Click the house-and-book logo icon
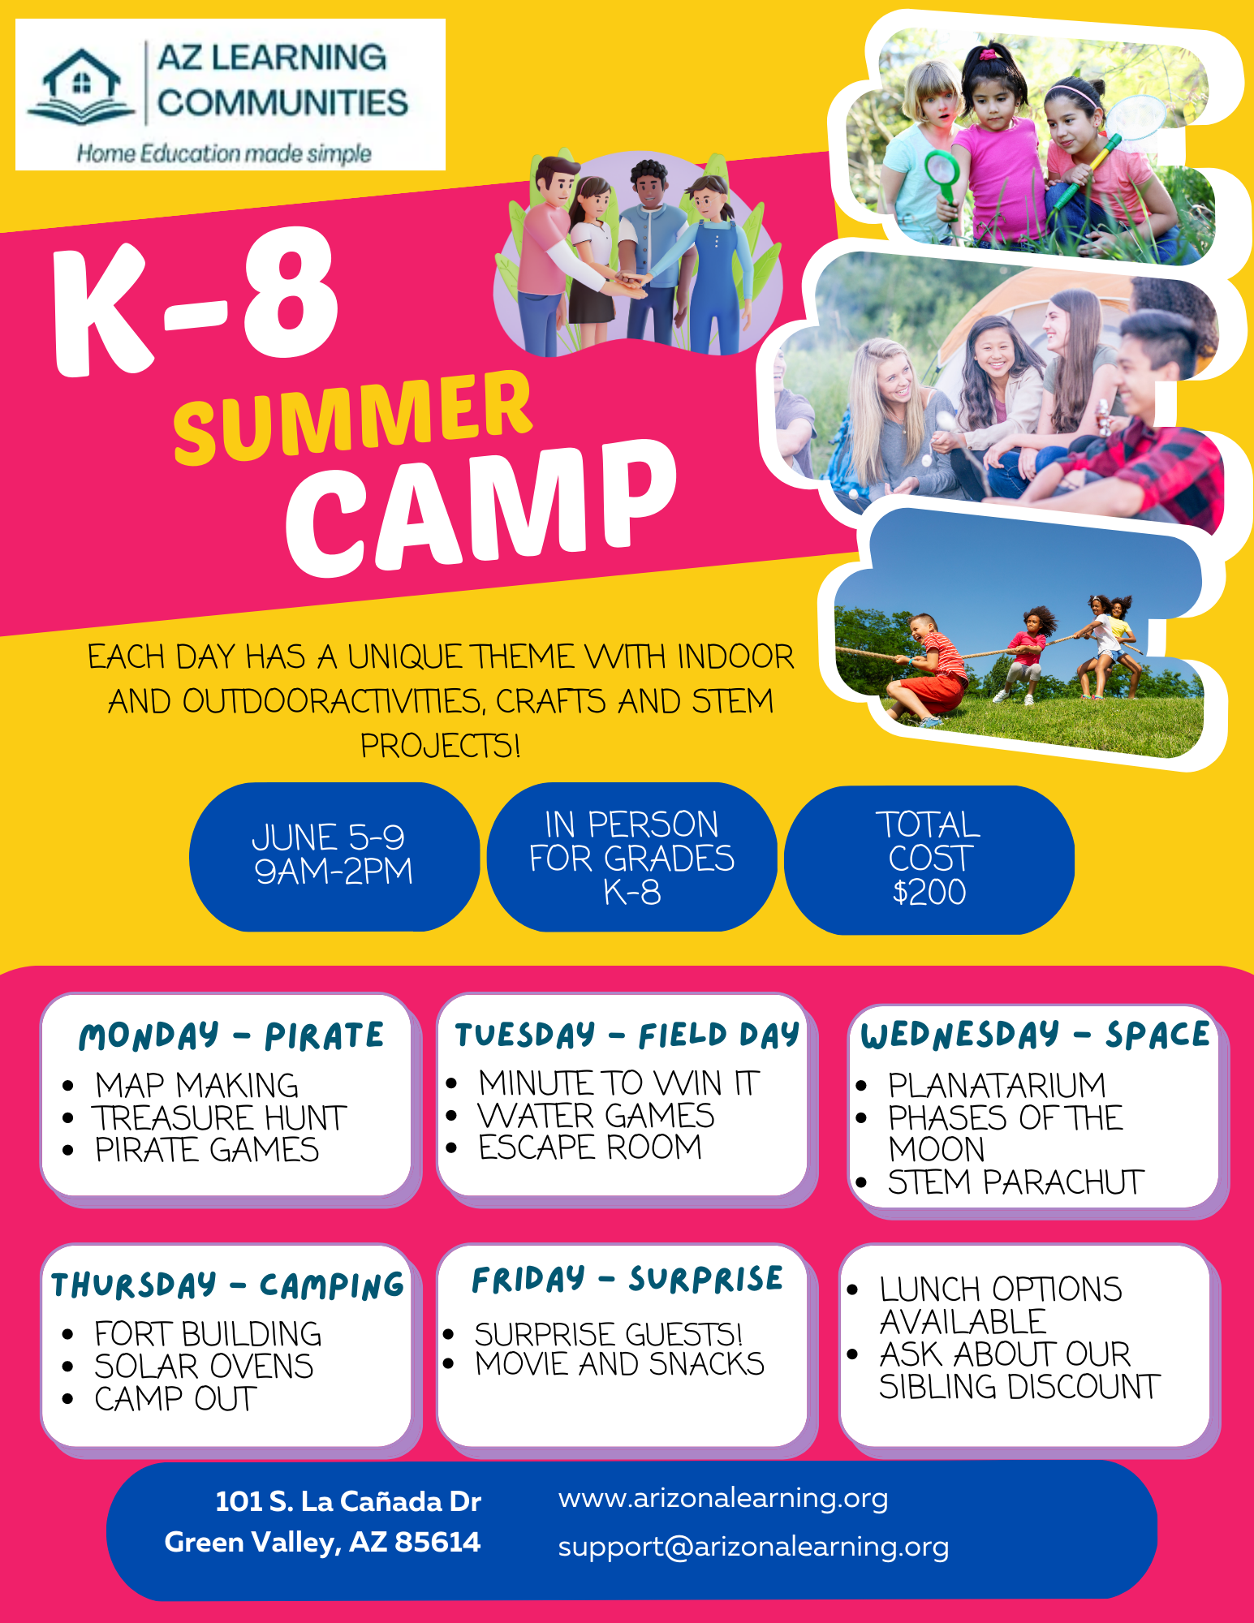coord(81,88)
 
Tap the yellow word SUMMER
coord(353,418)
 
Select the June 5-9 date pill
coord(333,855)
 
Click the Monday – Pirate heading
coord(231,1036)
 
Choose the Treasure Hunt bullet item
coord(220,1118)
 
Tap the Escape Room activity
coord(590,1147)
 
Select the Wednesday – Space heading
coord(1035,1035)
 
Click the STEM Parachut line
coord(1015,1182)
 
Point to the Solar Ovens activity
coord(204,1367)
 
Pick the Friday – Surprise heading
coord(627,1280)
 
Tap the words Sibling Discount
coord(1019,1387)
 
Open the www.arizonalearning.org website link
coord(723,1498)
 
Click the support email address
coord(753,1547)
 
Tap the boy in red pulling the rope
coord(933,665)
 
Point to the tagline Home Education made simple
coord(224,153)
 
